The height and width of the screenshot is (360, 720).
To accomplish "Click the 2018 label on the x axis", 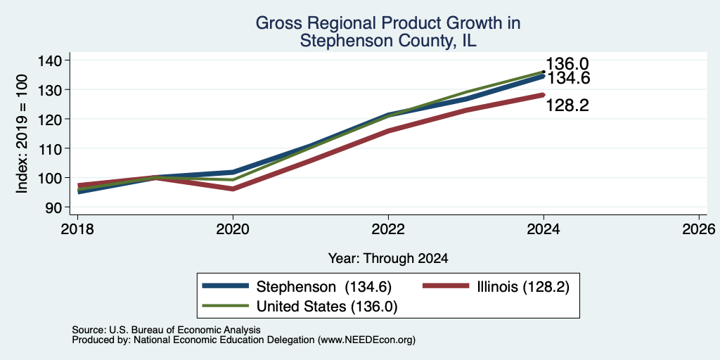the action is point(77,229).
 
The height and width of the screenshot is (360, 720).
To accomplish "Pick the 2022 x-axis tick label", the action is point(388,229).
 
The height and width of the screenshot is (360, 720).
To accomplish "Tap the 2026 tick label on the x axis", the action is point(700,229).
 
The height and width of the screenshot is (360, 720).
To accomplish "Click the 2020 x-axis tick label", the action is point(233,229).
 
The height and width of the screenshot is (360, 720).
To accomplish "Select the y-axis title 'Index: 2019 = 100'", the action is point(22,134).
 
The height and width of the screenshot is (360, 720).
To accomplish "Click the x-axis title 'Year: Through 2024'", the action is point(388,259).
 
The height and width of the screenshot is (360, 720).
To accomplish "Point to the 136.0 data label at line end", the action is point(567,64).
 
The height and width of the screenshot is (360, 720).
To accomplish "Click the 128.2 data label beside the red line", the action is point(567,105).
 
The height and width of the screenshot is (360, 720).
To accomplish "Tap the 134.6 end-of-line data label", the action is point(568,79).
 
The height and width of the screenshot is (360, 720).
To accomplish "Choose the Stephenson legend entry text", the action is point(324,287).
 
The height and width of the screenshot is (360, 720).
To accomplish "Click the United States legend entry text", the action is point(326,307).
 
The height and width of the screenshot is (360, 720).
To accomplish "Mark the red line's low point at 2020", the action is point(233,188).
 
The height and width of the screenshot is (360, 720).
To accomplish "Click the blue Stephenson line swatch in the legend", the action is point(226,286).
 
